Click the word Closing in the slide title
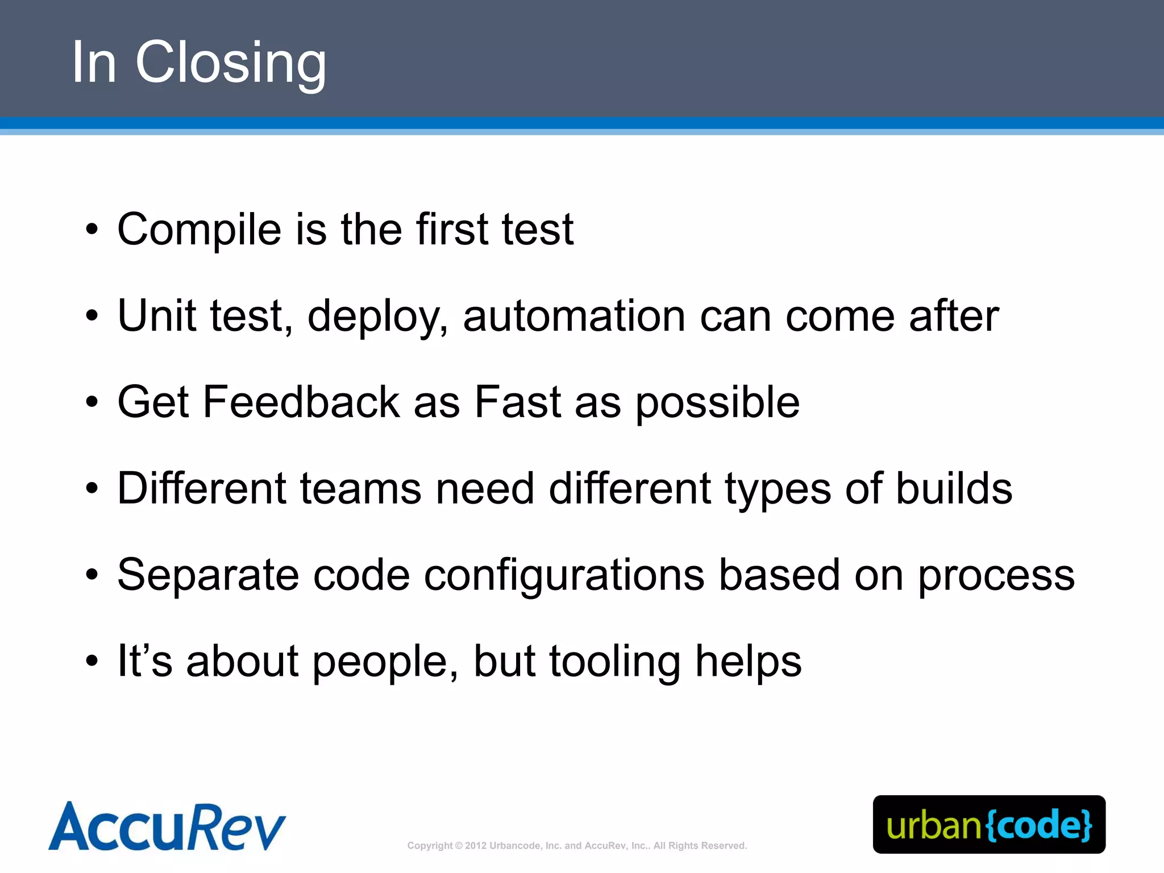coord(230,63)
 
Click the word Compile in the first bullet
coord(199,230)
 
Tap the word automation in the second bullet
coord(574,316)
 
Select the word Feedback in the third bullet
coord(301,402)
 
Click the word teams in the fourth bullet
coord(360,489)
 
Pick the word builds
coord(954,489)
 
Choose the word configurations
coord(564,575)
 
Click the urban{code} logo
coord(989,824)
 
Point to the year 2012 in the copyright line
coord(476,846)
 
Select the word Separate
coord(208,575)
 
